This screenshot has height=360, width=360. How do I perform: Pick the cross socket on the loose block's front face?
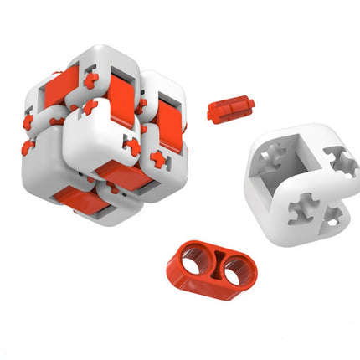304,207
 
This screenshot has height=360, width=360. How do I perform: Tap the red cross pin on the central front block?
131,147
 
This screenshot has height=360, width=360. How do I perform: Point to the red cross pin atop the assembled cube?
90,79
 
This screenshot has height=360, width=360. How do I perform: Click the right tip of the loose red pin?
249,105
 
